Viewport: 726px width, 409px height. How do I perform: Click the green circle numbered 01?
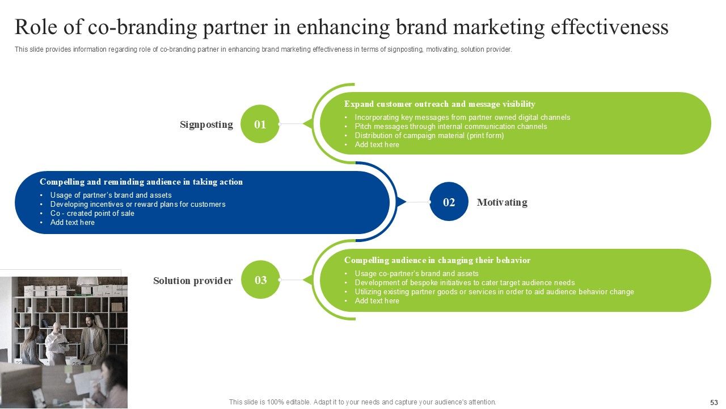point(260,124)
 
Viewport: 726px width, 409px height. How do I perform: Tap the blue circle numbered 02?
point(449,202)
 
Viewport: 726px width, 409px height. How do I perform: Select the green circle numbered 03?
point(260,279)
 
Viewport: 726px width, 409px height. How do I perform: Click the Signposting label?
point(206,124)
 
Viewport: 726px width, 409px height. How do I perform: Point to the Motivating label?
point(502,202)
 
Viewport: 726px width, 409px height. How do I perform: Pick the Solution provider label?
point(193,281)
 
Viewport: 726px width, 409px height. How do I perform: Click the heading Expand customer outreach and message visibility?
point(440,104)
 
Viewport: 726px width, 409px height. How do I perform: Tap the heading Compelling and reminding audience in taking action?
point(141,182)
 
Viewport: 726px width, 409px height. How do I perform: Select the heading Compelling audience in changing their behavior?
point(437,260)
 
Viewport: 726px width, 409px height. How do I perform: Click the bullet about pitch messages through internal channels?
point(451,127)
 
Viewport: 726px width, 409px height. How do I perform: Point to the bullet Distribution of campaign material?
point(429,136)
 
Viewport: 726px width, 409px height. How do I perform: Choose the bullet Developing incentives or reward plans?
point(138,204)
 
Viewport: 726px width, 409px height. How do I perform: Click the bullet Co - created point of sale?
point(92,214)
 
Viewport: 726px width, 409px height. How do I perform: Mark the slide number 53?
point(714,402)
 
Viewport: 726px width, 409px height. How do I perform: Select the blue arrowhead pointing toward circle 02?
point(402,202)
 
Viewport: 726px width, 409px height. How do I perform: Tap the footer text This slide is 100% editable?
point(362,402)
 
